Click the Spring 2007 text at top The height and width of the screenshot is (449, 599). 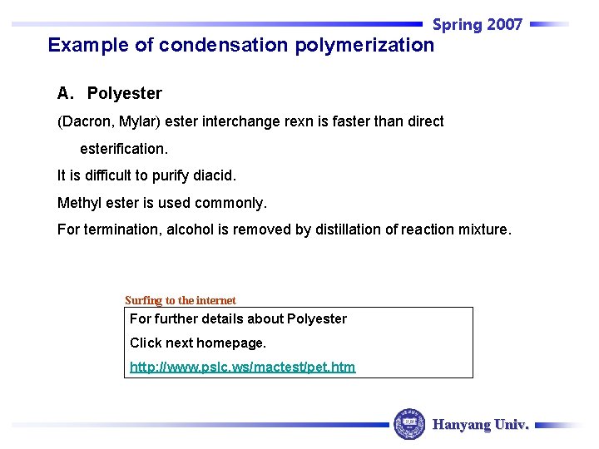477,25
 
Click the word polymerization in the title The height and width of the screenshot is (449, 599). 364,45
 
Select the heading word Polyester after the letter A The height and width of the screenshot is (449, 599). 125,93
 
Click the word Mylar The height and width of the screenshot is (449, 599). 140,121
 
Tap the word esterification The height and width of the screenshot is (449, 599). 124,150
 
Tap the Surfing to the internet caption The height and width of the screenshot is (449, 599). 181,300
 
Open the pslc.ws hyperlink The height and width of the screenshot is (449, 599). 242,367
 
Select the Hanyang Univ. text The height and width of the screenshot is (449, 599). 481,425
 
